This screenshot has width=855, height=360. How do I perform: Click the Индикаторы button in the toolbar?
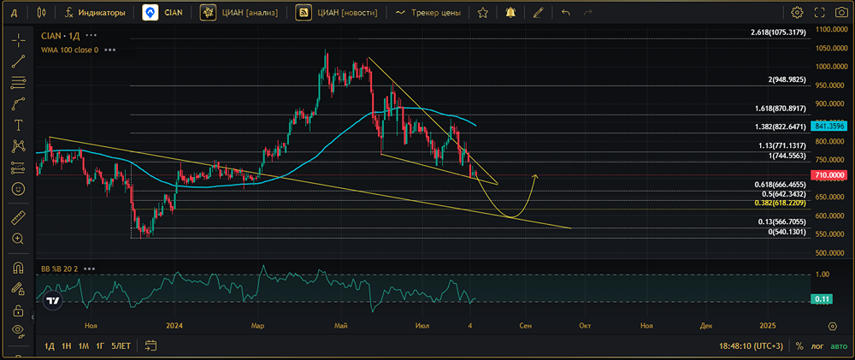95,13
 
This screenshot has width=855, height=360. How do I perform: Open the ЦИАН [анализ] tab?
239,13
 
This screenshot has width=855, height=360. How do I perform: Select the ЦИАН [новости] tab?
336,13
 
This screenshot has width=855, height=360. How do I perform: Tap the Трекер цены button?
428,13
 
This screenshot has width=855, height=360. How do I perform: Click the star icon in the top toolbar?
482,13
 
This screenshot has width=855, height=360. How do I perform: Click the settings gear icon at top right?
797,13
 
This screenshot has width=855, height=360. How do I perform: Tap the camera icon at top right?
842,13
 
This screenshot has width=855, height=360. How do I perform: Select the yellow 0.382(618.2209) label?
781,203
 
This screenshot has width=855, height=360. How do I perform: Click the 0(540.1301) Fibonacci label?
787,232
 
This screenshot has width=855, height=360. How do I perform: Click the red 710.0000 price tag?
828,175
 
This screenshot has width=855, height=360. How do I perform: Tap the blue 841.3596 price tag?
828,126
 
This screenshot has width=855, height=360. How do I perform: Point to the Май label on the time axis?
341,326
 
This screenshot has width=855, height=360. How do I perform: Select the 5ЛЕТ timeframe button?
121,345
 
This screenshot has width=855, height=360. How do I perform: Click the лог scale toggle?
817,345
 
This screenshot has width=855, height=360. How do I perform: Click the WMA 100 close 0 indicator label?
70,50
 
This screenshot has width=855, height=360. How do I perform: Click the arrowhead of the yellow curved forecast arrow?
535,175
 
